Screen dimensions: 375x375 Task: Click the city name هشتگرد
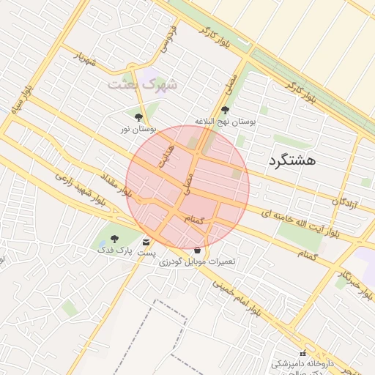(292, 160)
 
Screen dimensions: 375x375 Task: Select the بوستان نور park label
(139, 129)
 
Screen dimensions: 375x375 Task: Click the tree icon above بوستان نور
(139, 116)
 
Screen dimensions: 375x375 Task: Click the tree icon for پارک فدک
(114, 239)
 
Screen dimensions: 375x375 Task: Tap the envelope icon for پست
(147, 242)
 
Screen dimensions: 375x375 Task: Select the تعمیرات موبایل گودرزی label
(198, 261)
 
